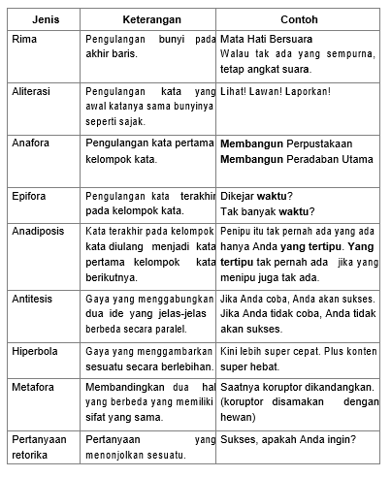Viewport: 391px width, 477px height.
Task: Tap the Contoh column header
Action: click(x=299, y=18)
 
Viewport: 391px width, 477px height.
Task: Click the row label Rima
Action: click(x=25, y=39)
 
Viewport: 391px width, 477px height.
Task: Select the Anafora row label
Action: click(x=30, y=143)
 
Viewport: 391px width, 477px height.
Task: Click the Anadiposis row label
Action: click(x=38, y=234)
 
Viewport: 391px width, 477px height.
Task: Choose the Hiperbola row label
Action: click(x=35, y=346)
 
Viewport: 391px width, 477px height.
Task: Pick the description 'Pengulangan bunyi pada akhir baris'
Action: click(x=149, y=46)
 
